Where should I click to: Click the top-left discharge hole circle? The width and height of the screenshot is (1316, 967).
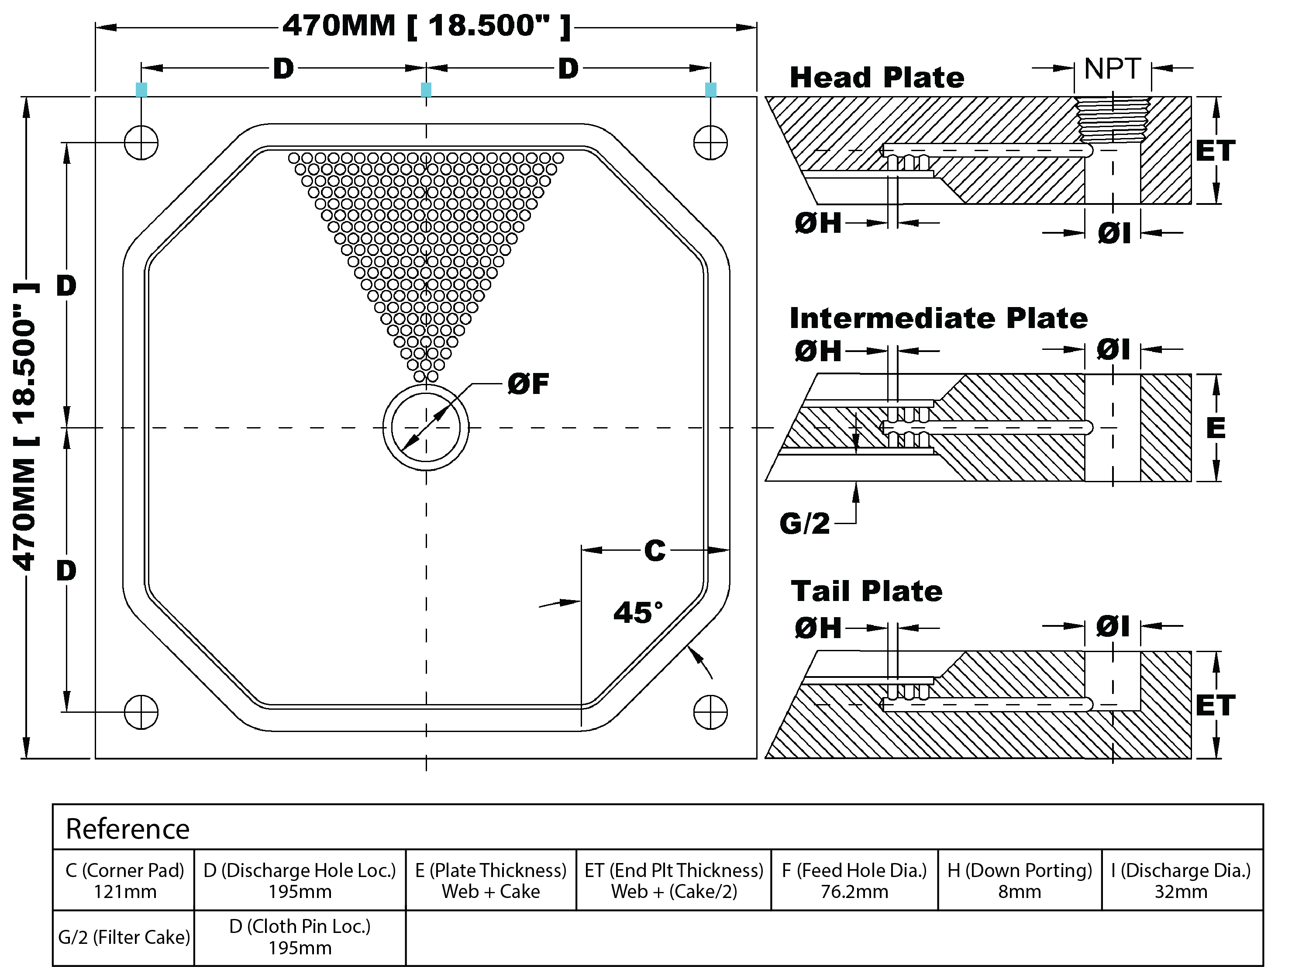coord(141,142)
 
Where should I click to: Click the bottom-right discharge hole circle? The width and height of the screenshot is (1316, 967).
coord(710,712)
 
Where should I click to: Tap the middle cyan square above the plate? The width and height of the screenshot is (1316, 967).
coord(426,90)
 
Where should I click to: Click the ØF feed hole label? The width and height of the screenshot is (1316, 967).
coord(528,384)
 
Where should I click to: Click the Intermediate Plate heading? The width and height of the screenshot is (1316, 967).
coord(938,318)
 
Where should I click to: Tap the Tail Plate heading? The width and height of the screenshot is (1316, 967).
coord(866,591)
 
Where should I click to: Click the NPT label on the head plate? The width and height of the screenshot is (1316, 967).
coord(1112,69)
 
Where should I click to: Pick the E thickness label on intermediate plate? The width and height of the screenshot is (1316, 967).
coord(1215,428)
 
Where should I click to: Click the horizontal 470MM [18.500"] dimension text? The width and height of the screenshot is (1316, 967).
coord(426,26)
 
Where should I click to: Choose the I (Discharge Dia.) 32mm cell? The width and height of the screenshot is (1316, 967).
coord(1181,881)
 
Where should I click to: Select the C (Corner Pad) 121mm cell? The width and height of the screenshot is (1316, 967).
coord(124,881)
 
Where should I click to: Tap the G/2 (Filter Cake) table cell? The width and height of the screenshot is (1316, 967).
coord(124,937)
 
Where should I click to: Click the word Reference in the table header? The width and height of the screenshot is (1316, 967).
coord(127,829)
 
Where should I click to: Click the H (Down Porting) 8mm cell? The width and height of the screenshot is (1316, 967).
coord(1020,881)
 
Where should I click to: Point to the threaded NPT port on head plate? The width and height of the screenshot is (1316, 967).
coord(1112,120)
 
